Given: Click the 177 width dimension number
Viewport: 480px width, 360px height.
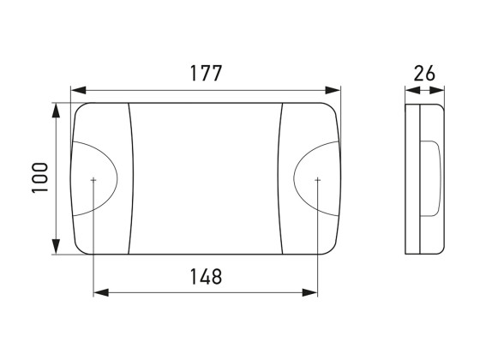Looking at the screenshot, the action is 206,74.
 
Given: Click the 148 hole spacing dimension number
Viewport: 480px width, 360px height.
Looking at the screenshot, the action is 206,276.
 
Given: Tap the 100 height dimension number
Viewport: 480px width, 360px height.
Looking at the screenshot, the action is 40,177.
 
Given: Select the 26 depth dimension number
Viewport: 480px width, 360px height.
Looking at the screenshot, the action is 424,74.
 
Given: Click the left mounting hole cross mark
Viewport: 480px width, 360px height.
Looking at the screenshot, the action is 93,180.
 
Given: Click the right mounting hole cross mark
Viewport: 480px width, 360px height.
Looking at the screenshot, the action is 317,180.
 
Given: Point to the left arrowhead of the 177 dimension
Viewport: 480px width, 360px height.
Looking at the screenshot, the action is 78,90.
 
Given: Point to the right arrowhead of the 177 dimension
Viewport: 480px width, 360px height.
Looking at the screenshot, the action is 333,90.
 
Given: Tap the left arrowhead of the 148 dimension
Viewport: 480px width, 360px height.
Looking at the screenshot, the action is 101,292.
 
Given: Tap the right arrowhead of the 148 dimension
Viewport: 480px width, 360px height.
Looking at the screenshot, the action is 309,292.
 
